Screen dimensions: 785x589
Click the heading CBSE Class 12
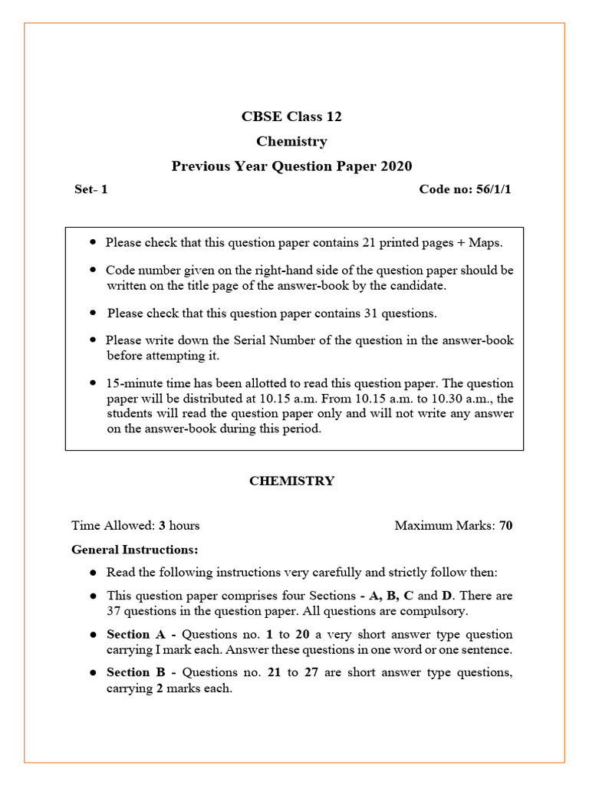(x=291, y=117)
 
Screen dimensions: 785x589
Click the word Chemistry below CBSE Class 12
(x=291, y=142)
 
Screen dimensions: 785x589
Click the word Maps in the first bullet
(x=485, y=242)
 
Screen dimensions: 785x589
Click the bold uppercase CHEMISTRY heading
(x=291, y=481)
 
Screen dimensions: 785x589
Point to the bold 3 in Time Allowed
(x=163, y=526)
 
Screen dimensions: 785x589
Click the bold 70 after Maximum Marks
(x=506, y=526)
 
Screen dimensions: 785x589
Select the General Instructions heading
(x=135, y=550)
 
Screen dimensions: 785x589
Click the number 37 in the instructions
(x=115, y=612)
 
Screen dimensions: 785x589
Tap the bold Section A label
(x=134, y=635)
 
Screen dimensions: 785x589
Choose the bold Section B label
(x=134, y=673)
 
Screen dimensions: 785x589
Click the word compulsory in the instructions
(x=437, y=612)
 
